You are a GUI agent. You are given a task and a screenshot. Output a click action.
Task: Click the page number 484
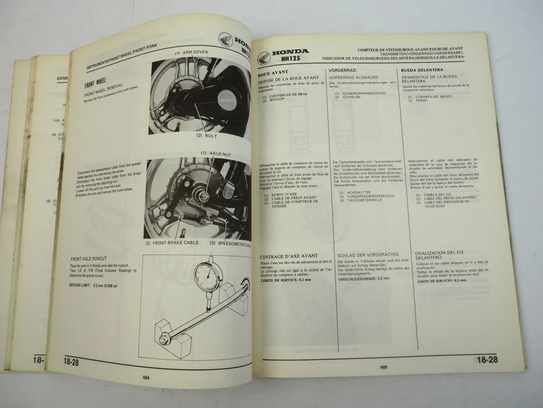click(146, 378)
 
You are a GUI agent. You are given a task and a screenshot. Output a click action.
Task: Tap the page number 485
click(384, 367)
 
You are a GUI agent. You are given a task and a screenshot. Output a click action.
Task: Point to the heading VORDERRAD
click(342, 70)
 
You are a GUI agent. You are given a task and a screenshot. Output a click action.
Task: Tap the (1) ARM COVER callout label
click(191, 53)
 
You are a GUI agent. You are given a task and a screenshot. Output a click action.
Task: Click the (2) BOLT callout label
click(206, 136)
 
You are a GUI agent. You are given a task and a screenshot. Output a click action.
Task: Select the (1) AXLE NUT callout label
click(216, 154)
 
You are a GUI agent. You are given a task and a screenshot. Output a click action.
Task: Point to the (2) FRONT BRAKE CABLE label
click(172, 243)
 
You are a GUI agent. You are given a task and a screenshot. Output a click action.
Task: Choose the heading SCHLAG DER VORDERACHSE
click(368, 255)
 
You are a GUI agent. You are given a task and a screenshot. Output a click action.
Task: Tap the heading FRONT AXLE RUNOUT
click(89, 259)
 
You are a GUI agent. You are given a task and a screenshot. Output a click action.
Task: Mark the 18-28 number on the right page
click(487, 360)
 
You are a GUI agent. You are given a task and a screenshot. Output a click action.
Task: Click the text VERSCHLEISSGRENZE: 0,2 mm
click(364, 279)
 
